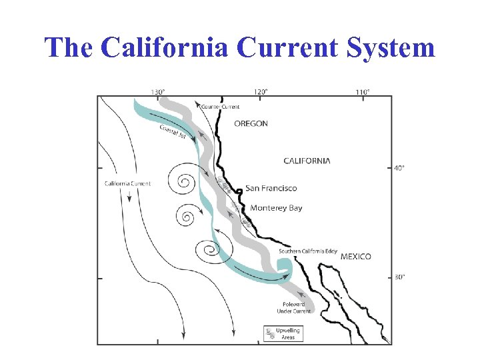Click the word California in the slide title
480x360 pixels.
point(167,47)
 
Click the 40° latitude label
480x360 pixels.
point(399,168)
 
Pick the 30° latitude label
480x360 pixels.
point(399,277)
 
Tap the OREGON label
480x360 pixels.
point(251,123)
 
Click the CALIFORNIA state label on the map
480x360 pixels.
point(307,161)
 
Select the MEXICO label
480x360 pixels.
point(356,257)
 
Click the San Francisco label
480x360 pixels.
point(271,189)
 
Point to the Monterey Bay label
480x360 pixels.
point(276,208)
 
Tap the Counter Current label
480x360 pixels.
point(221,107)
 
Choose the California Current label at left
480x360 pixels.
point(128,183)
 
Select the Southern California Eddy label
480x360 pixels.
point(308,251)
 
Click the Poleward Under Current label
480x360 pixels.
point(293,308)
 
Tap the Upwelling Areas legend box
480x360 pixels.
point(283,333)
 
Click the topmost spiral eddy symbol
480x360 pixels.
point(185,181)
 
